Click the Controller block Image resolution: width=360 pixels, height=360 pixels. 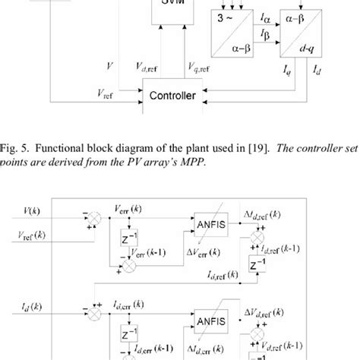tap(174, 96)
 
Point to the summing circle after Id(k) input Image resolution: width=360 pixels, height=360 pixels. tap(96, 313)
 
